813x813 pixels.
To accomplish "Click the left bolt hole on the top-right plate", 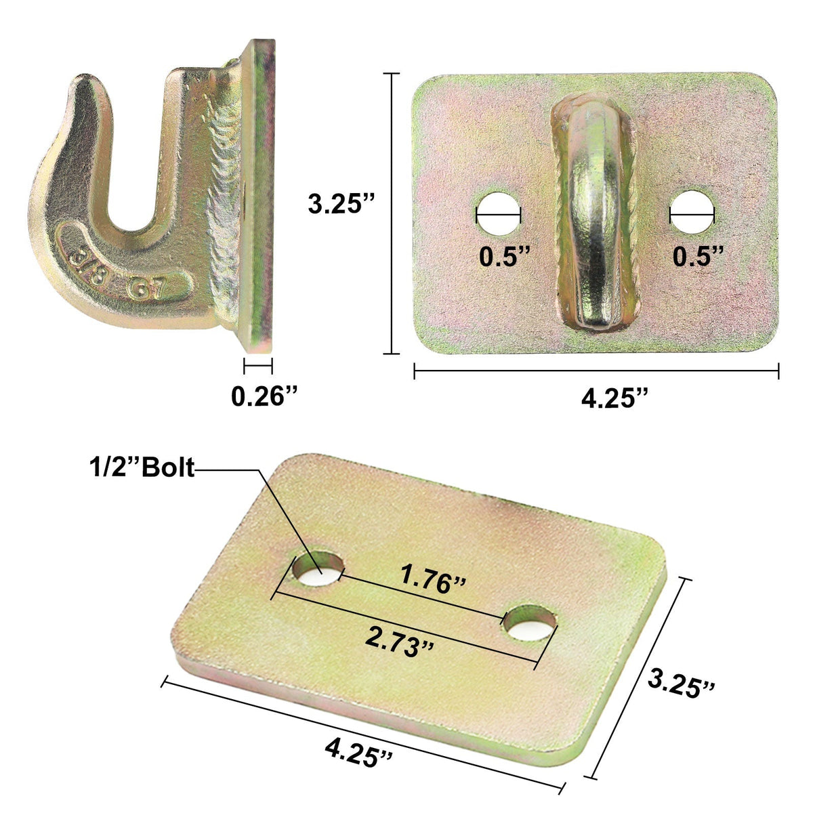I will point(498,214).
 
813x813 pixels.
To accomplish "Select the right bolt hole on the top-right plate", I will point(692,214).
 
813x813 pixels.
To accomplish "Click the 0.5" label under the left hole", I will point(504,256).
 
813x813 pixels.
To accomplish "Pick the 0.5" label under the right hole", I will point(698,256).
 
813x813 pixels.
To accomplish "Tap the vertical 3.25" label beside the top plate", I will point(341,204).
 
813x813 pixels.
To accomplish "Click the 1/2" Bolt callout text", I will point(141,467).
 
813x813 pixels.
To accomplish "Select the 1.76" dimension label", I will point(433,580).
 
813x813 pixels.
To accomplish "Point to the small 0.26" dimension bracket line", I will point(257,367).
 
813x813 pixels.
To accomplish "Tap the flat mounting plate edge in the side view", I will point(261,203).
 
